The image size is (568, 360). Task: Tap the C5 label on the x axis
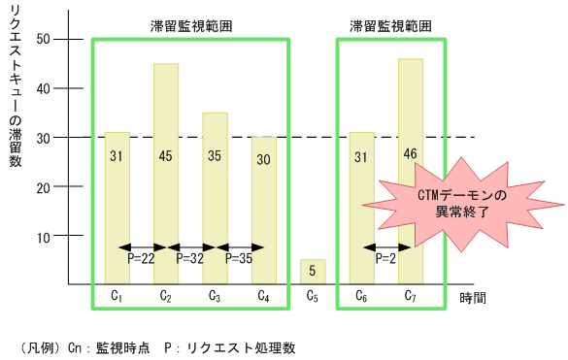(x=313, y=296)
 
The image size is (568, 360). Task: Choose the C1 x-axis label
(x=117, y=296)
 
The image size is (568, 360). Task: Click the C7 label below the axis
(x=411, y=296)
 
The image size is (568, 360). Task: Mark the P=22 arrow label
(x=142, y=259)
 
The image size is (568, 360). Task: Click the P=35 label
(x=239, y=259)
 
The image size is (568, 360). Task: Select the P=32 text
(x=190, y=259)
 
